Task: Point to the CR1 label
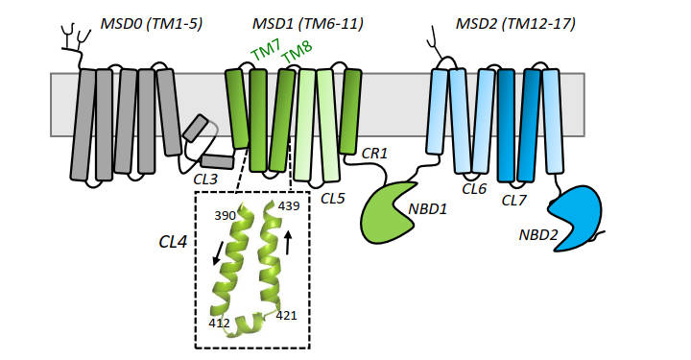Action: (374, 153)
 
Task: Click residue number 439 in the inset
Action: (288, 205)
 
